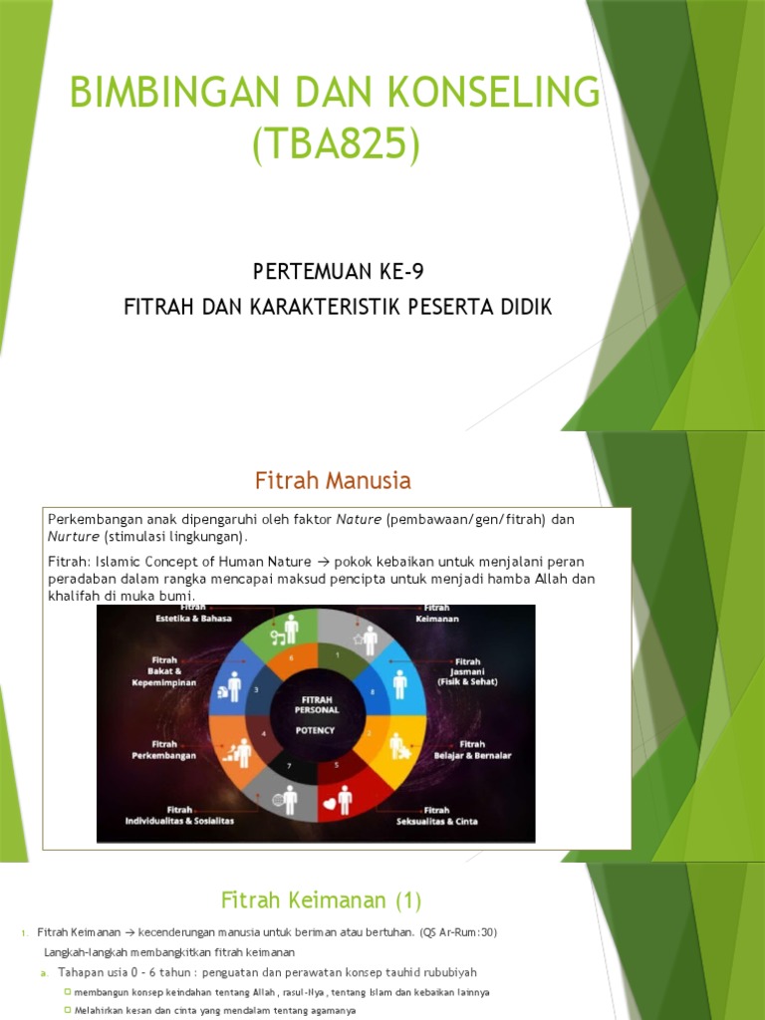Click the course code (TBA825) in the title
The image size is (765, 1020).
point(335,144)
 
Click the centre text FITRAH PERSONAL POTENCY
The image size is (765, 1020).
point(316,714)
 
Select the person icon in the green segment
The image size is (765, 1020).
point(288,629)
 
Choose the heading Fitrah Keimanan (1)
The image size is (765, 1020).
point(321,900)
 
